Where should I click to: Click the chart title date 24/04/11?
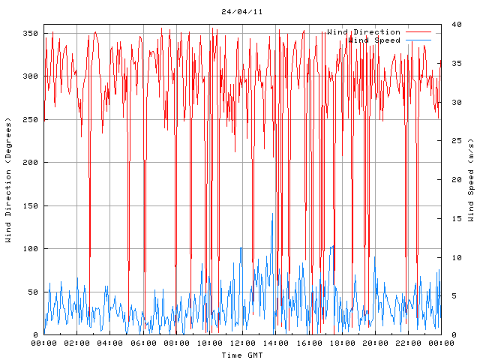point(241,12)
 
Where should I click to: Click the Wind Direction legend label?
point(364,32)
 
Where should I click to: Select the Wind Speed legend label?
point(373,40)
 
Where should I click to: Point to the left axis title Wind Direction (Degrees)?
point(8,180)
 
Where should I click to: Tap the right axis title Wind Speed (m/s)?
point(471,180)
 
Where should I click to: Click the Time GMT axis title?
point(241,355)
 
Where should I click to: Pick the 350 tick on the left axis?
point(30,33)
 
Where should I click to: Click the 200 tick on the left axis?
point(30,163)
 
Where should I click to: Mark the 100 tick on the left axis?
point(30,249)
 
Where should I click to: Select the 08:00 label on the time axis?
point(175,343)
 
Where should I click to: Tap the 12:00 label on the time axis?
point(241,343)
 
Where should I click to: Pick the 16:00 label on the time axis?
point(307,343)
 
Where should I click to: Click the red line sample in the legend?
point(419,32)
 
